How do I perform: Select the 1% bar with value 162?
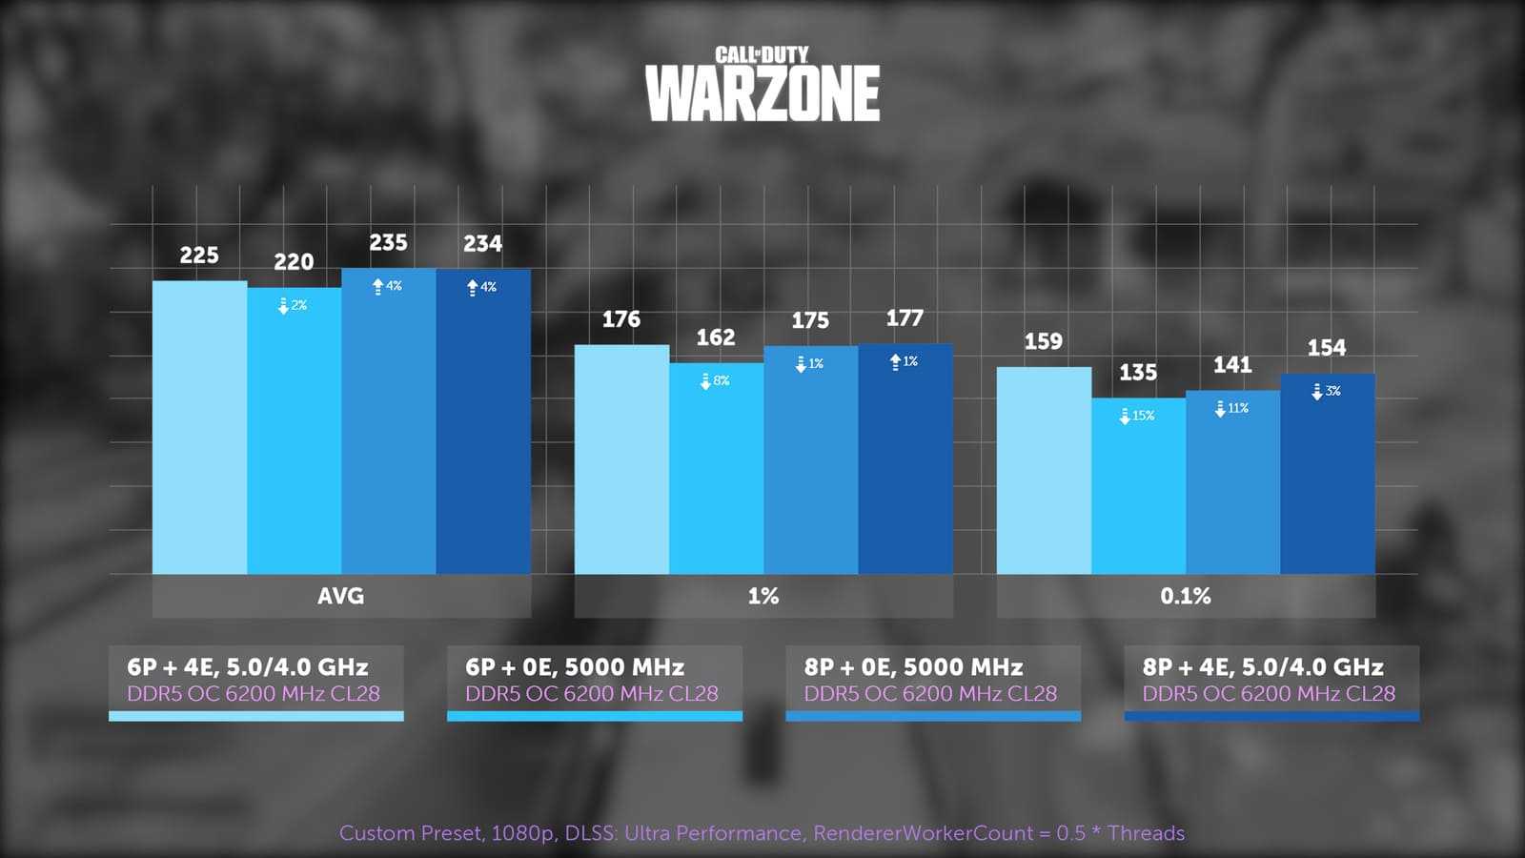(716, 468)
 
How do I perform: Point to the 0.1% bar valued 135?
(1138, 486)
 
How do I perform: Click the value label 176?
(620, 319)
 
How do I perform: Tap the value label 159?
(1043, 341)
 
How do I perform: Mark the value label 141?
(1231, 364)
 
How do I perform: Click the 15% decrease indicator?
(1137, 416)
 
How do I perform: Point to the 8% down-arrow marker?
(715, 381)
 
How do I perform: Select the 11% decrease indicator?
(1231, 408)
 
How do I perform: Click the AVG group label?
(340, 596)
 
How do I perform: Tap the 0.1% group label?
(1185, 596)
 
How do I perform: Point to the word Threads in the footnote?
(1146, 833)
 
